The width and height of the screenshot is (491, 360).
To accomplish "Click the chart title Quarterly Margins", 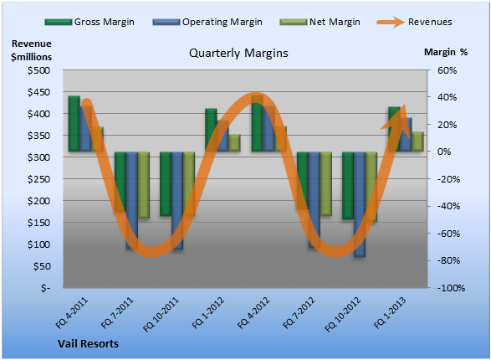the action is pos(238,54).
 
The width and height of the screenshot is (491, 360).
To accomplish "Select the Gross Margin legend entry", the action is pos(90,22).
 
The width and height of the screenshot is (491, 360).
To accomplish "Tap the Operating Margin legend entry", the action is pos(207,22).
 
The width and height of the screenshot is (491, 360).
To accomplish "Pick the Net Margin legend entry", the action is pos(320,22).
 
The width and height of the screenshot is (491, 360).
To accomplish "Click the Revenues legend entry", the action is pos(414,22).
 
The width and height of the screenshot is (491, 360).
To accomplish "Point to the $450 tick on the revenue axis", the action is pos(38,92).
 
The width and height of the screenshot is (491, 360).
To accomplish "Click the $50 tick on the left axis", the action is pos(42,266).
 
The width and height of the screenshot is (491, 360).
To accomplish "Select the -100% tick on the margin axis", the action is pos(451,288).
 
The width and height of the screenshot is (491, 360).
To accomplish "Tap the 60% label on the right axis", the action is pos(448,70).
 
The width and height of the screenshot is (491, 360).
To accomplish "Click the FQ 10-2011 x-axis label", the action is pos(161,314).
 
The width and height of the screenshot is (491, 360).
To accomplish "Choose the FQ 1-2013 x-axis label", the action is pos(390,312).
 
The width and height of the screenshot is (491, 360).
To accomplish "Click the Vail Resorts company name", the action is pos(89,344).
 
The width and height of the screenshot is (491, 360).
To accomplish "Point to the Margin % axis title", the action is pos(446,52).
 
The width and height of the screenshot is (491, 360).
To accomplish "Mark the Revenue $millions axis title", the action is pos(31,50).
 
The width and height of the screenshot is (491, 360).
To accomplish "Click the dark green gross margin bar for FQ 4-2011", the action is pos(74,124).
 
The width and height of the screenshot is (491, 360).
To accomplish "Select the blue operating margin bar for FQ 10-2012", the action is pos(360,204).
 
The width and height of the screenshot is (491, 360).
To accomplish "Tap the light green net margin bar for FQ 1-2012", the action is pos(234,143).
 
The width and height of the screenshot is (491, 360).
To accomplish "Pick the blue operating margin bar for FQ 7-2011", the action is pos(132,201).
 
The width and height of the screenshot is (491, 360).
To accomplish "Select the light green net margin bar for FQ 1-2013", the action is pos(417,141).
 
